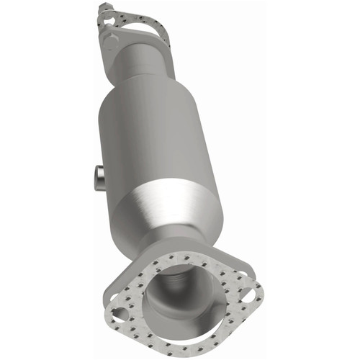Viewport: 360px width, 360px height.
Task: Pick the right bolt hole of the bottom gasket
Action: [247, 294]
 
